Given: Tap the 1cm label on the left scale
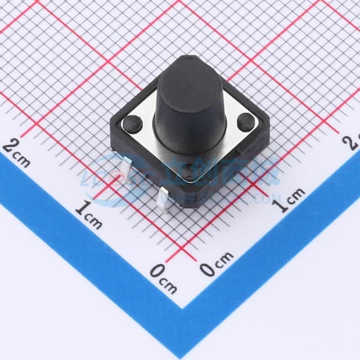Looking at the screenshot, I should coord(88,215).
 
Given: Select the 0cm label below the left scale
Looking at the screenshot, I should coord(164,278).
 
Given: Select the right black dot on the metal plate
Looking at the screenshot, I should coord(245,120).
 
